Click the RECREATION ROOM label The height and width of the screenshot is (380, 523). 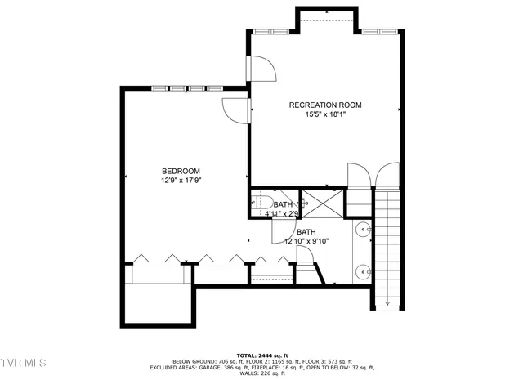(325, 105)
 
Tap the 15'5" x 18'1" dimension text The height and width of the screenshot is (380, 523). (325, 115)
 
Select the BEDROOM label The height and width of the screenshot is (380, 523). (181, 170)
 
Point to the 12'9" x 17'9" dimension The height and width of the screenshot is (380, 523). (181, 181)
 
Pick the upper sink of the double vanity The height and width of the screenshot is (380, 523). (362, 230)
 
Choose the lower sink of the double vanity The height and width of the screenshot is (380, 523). (362, 269)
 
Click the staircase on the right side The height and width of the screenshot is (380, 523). (390, 245)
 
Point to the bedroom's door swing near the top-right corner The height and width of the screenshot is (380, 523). (235, 111)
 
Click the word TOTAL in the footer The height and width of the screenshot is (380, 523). (248, 355)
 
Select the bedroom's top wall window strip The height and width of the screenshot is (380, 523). (187, 87)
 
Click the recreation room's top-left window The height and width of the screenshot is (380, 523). (267, 31)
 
